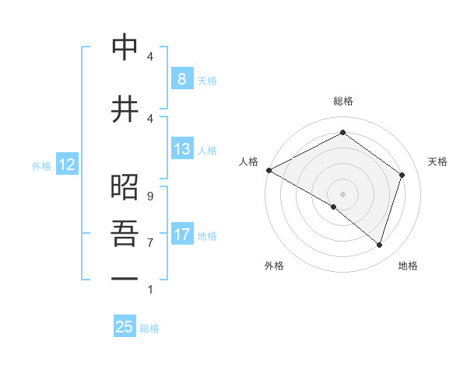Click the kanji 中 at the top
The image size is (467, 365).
tap(125, 48)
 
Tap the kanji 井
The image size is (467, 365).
tap(125, 109)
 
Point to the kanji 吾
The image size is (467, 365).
tap(125, 233)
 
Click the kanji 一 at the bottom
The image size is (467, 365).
tap(125, 277)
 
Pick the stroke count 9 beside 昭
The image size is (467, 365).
tap(149, 196)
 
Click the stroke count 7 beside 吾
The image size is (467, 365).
tap(149, 242)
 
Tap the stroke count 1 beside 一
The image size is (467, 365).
tap(149, 290)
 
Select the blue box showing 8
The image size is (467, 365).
tap(181, 78)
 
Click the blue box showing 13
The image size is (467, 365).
tap(181, 149)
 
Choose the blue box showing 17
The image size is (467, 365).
tap(181, 234)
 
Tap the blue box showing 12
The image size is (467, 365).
tap(66, 165)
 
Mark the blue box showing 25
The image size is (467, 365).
tap(125, 327)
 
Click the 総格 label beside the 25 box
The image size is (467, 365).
tap(149, 328)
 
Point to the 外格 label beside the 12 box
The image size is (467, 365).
tap(40, 165)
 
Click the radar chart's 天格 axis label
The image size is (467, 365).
tap(438, 162)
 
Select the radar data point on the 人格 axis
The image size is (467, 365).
tap(269, 170)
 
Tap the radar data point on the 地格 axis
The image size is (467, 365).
tap(380, 245)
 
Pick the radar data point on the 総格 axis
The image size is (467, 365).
tap(342, 133)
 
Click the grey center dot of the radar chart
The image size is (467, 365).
tap(342, 193)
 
